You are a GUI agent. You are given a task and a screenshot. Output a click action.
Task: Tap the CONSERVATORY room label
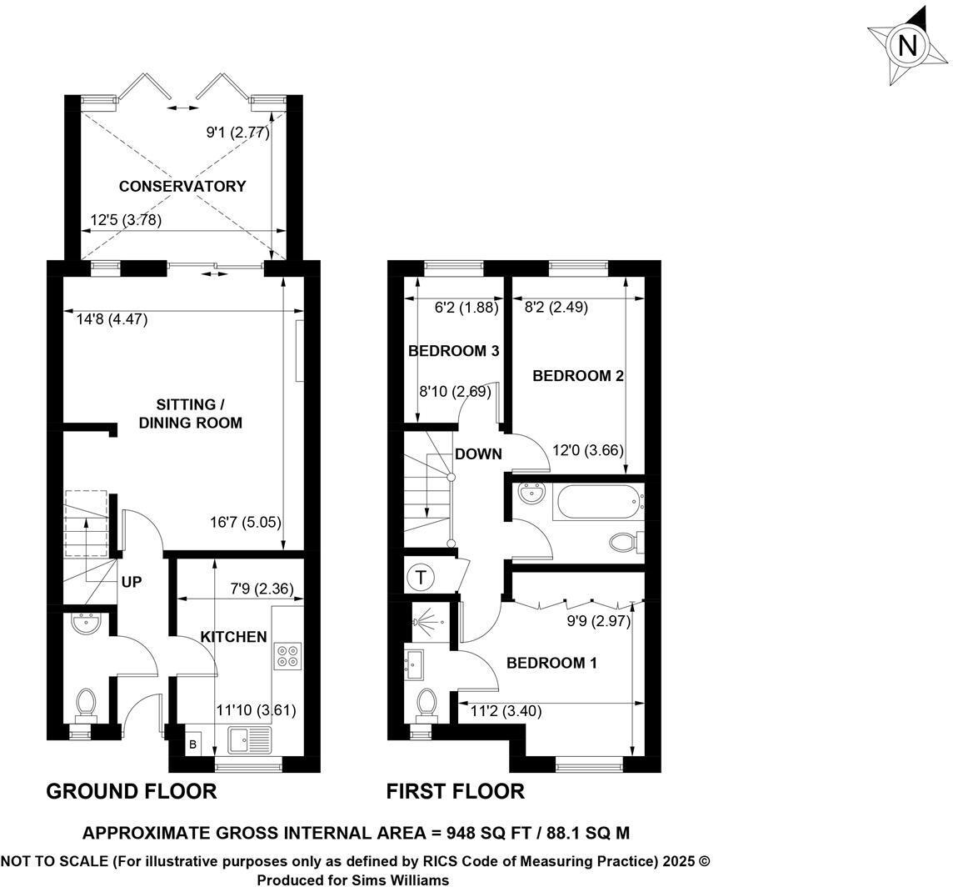pos(182,186)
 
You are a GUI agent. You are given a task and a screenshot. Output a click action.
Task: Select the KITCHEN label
pos(233,637)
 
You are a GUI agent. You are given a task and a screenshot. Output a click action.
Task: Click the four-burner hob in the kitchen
pos(287,655)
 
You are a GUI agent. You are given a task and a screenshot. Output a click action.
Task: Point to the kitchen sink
pos(249,739)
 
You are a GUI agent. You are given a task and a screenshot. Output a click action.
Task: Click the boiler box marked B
pos(192,744)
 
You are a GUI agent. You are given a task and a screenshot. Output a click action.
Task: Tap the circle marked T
pos(422,576)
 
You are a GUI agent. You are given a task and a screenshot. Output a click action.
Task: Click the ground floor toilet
pos(85,704)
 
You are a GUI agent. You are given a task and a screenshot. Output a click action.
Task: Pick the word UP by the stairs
pos(132,582)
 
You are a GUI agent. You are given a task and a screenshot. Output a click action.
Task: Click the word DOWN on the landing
pos(478,454)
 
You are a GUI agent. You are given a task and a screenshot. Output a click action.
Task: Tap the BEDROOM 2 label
pos(578,376)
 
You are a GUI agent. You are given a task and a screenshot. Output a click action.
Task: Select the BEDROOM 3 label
pos(453,352)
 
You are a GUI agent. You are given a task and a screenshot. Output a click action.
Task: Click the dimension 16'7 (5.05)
pos(245,523)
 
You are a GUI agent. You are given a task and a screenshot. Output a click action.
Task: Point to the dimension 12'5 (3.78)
pos(125,220)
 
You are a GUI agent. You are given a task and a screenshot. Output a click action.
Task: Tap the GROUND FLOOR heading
pos(131,791)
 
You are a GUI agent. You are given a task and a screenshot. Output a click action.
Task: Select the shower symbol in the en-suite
pos(427,623)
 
